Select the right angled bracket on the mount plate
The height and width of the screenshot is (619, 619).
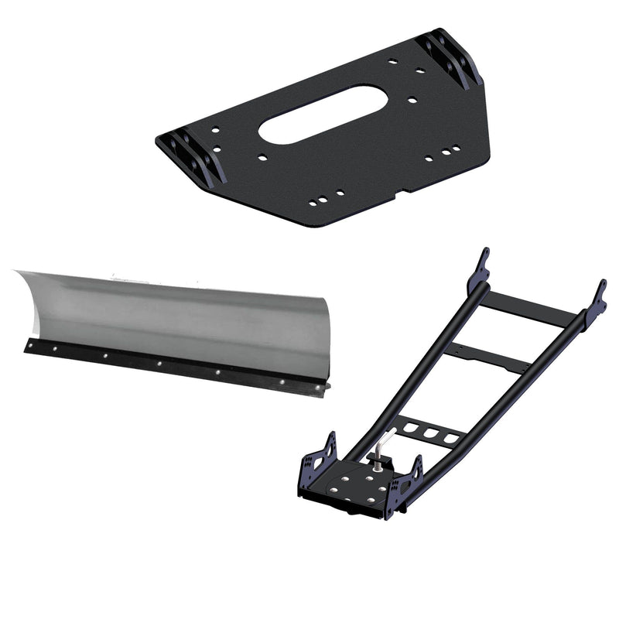pos(451,57)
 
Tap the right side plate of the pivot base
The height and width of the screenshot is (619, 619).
pos(406,483)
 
